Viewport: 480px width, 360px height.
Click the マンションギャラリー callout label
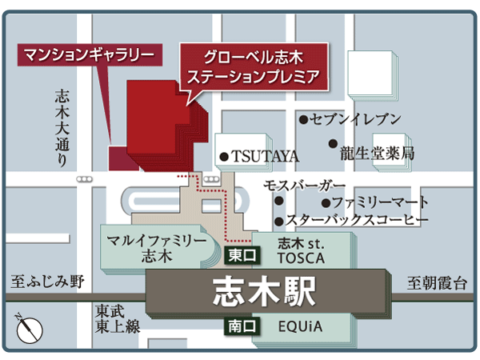[87, 55]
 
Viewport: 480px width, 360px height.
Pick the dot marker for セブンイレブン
[304, 120]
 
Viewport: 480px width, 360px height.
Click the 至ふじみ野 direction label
[47, 282]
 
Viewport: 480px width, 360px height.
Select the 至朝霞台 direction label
[436, 282]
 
